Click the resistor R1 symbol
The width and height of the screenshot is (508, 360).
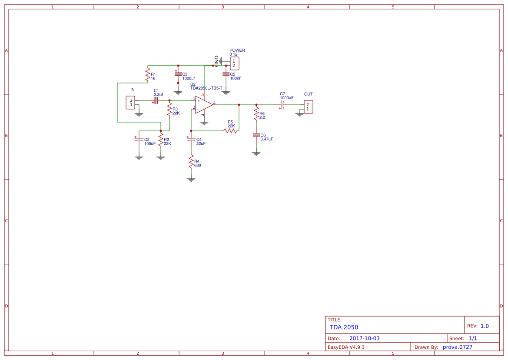(x=147, y=74)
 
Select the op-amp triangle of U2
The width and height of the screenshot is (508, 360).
(x=203, y=105)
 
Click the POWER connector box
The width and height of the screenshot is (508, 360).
(x=234, y=63)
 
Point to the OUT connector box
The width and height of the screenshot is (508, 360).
(x=307, y=107)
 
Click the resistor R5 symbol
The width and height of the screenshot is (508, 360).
(x=230, y=130)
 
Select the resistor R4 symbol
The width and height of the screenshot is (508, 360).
(x=191, y=163)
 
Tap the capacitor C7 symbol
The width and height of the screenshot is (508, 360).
(x=282, y=105)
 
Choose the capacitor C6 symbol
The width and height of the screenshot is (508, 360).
(x=256, y=135)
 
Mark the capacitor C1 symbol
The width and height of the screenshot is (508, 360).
(x=156, y=100)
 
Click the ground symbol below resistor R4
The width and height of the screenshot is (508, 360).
(x=191, y=179)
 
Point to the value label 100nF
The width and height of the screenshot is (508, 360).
(x=236, y=78)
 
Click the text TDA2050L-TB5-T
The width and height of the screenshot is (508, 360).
(x=206, y=88)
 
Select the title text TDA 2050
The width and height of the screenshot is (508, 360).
(x=344, y=327)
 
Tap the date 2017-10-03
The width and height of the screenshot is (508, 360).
(x=364, y=338)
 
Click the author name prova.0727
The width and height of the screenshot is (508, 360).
(x=457, y=347)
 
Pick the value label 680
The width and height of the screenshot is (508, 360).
(x=198, y=165)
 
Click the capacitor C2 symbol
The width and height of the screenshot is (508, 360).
(x=139, y=140)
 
